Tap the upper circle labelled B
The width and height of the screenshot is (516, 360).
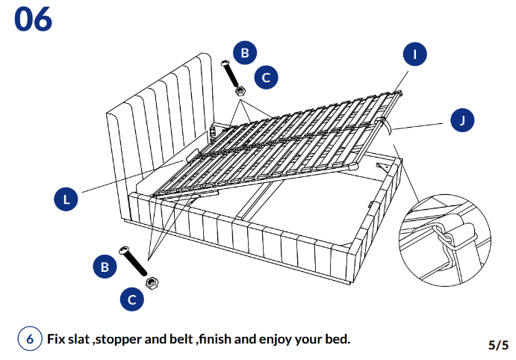coord(244,53)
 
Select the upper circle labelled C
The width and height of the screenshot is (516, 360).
coord(267,76)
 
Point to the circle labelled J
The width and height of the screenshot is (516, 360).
coord(463,120)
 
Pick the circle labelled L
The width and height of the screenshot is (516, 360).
coord(66,199)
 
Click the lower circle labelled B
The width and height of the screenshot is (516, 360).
coord(105,266)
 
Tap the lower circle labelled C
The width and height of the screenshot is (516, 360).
coord(132,300)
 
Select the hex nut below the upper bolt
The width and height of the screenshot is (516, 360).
coord(240,90)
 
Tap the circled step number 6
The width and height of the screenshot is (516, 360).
coord(30,338)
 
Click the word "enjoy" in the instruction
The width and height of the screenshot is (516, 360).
coord(277,339)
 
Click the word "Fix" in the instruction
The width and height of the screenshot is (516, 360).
coord(57,339)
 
